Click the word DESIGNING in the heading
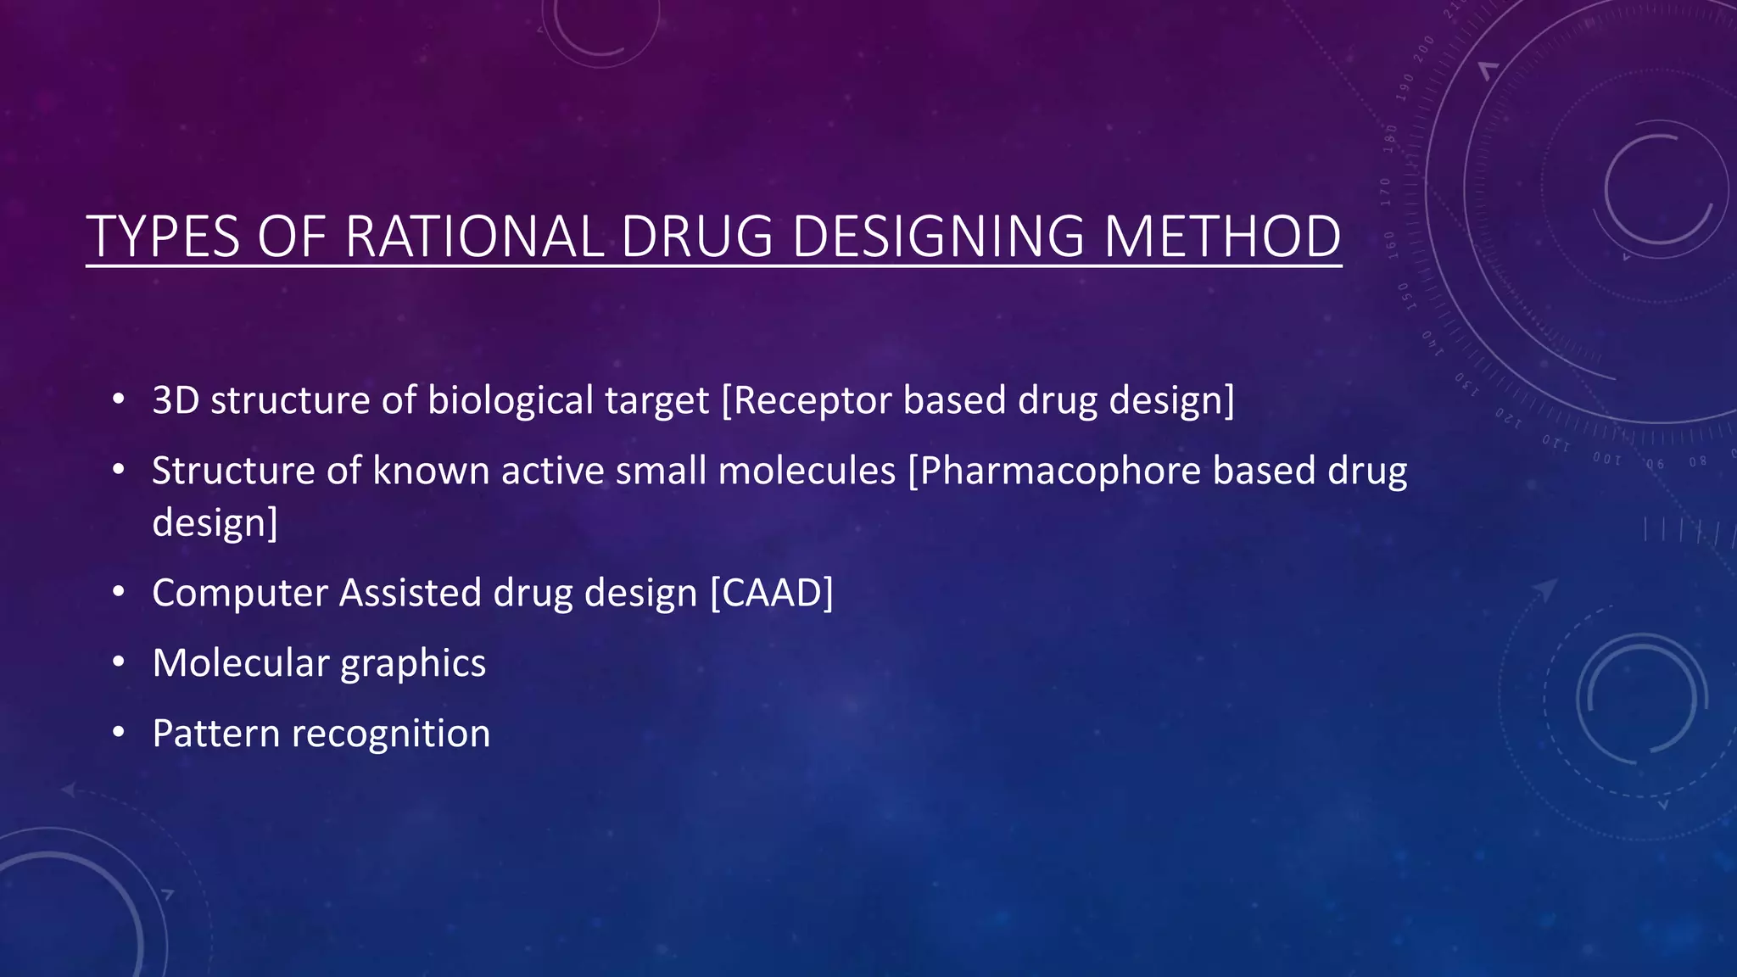937,237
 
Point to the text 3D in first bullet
176,400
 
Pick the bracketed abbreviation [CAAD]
771,593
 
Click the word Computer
239,593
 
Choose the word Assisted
410,593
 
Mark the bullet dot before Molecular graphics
119,662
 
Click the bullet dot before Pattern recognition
119,732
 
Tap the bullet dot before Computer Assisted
119,591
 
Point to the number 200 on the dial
1423,47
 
